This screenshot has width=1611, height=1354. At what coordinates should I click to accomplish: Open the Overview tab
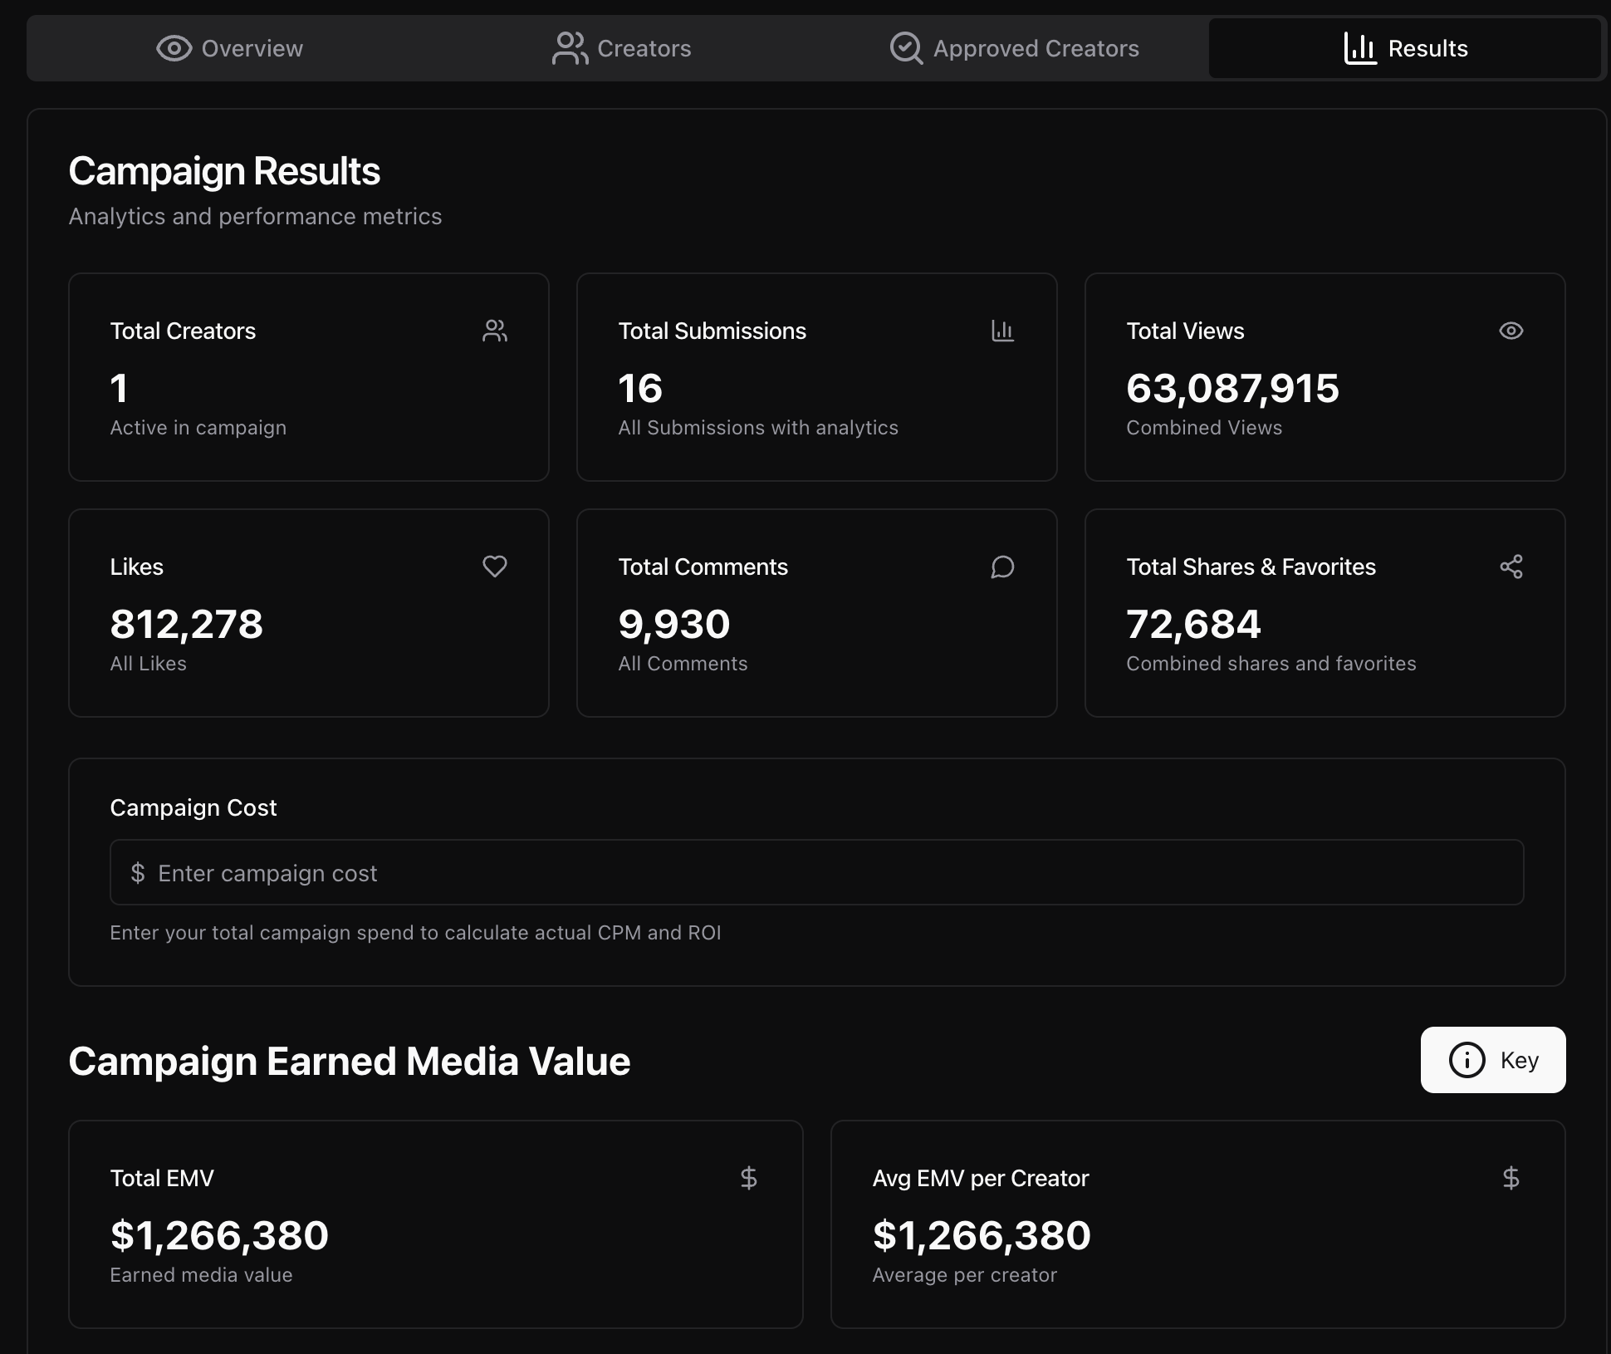tap(230, 48)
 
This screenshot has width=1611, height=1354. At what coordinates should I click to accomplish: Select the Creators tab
tap(622, 48)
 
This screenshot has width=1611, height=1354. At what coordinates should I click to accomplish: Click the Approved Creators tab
tap(1014, 48)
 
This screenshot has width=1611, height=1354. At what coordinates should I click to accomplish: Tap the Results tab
tap(1405, 48)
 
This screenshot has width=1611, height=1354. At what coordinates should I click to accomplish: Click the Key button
tap(1492, 1060)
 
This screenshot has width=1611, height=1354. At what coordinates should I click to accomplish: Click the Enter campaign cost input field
tap(816, 873)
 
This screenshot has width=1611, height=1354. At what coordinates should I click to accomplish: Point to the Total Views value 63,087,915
tap(1232, 388)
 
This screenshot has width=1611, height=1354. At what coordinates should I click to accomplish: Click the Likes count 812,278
tap(186, 624)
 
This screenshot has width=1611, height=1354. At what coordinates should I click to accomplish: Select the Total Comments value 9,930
tap(673, 624)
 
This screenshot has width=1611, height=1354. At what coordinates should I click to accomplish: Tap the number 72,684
tap(1193, 624)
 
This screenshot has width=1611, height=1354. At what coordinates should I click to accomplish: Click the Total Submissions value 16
tap(640, 388)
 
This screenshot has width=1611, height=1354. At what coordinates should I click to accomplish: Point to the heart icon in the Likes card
tap(495, 567)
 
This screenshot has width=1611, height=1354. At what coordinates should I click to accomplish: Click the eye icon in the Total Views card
tap(1511, 331)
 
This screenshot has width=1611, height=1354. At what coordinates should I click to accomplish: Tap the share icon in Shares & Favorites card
tap(1511, 567)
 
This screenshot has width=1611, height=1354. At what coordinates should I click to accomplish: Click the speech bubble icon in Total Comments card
tap(1002, 567)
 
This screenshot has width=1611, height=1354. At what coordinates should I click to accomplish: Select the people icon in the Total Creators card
tap(495, 331)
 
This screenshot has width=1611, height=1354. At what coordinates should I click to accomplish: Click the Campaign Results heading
tap(224, 171)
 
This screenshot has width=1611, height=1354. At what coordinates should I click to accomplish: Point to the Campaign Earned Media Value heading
tap(349, 1061)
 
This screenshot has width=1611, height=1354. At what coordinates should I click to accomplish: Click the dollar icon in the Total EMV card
tap(748, 1178)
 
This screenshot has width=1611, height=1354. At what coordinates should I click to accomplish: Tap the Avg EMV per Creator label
tap(980, 1178)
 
